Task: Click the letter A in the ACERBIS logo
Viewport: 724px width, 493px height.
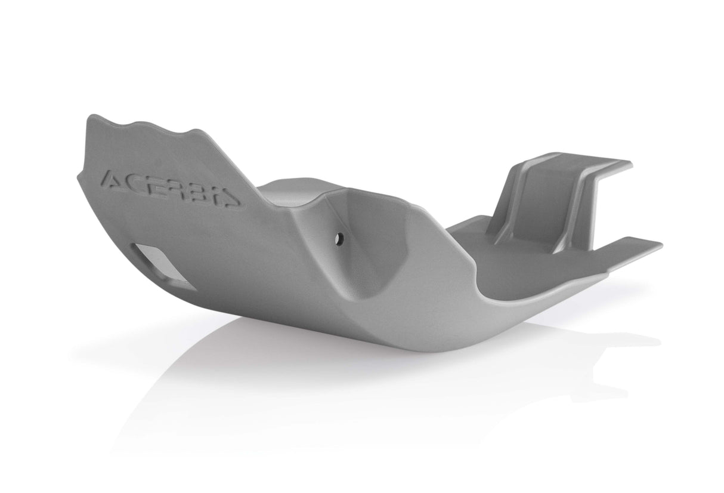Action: (x=113, y=179)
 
